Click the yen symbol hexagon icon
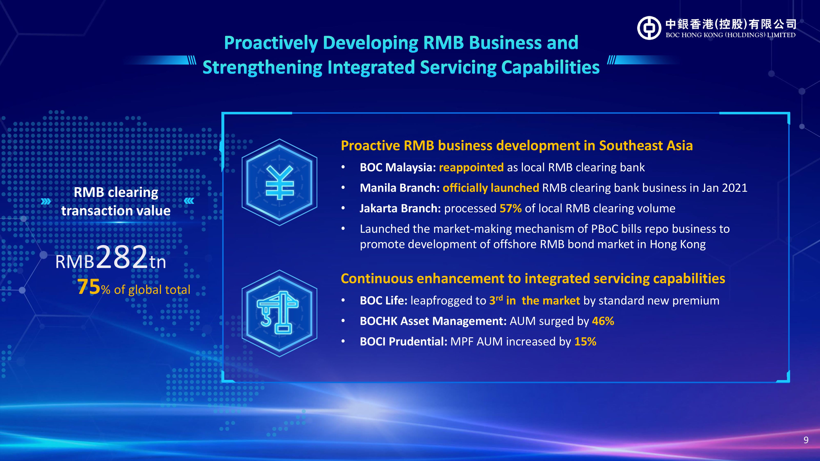coord(279,182)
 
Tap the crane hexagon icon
coord(279,313)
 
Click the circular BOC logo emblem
coord(649,28)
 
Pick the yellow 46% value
coord(603,321)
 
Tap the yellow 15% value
coord(585,341)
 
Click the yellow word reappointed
coord(471,168)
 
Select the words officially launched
coord(491,188)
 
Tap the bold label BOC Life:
coord(384,300)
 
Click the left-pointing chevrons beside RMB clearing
coord(189,201)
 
